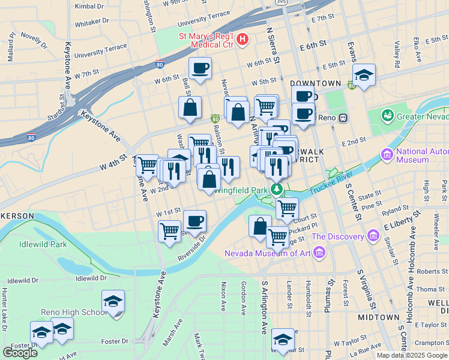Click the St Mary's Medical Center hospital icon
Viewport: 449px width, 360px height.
click(x=243, y=40)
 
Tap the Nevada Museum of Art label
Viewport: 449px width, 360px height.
click(x=268, y=253)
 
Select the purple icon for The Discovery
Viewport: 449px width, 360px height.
click(x=373, y=237)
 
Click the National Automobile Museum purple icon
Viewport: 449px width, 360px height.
click(x=387, y=156)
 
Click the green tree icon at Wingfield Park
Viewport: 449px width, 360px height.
click(x=276, y=190)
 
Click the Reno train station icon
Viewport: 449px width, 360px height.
click(x=343, y=118)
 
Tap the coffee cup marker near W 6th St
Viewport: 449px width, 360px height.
click(x=200, y=68)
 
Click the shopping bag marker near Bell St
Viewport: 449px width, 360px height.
click(x=190, y=108)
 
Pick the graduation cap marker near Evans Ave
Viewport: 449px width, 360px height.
click(x=364, y=76)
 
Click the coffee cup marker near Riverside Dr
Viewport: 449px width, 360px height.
click(x=194, y=221)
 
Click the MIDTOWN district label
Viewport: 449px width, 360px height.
click(x=378, y=317)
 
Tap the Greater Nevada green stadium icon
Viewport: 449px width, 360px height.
click(x=387, y=114)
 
